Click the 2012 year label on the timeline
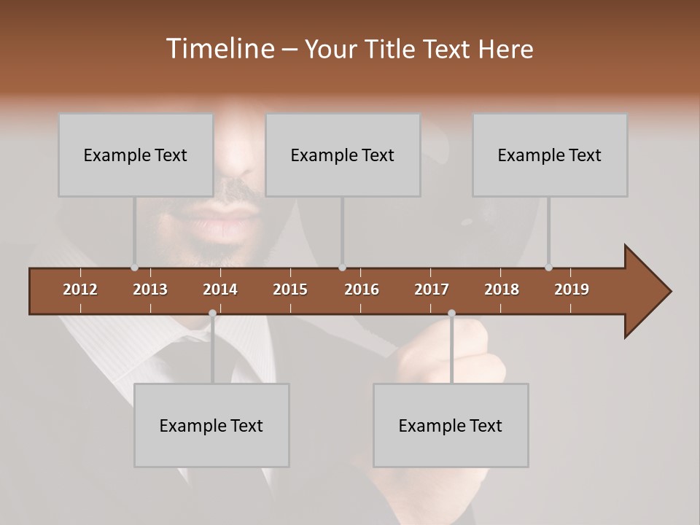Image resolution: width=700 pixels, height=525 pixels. coord(80,289)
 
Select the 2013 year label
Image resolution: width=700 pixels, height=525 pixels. coord(150,289)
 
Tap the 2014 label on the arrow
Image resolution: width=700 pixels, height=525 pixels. coord(220,289)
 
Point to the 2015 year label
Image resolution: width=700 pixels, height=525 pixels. coord(290,289)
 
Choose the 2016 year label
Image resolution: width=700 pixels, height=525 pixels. coord(362,289)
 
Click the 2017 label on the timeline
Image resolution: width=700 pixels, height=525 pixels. coord(432,289)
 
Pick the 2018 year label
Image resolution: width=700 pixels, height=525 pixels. coord(502,289)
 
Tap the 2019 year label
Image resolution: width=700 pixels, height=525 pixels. coord(572,289)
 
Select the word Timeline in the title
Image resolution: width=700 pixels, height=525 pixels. coord(219,49)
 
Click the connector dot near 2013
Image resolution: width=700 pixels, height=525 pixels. coord(134,268)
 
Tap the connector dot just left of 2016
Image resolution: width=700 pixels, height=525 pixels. coord(342,268)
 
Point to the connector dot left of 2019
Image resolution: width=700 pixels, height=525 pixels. coord(548,268)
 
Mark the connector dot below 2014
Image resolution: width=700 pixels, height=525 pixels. coord(212,314)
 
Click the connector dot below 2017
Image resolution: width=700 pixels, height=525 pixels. coord(451,314)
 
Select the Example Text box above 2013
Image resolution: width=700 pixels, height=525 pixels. coord(136,155)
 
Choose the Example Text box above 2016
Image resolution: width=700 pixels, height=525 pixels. coord(343,155)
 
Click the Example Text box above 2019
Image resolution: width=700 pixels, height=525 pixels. coord(550,155)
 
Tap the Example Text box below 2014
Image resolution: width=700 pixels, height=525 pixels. coord(211,426)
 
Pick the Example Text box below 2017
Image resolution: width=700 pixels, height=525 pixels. coord(451,426)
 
